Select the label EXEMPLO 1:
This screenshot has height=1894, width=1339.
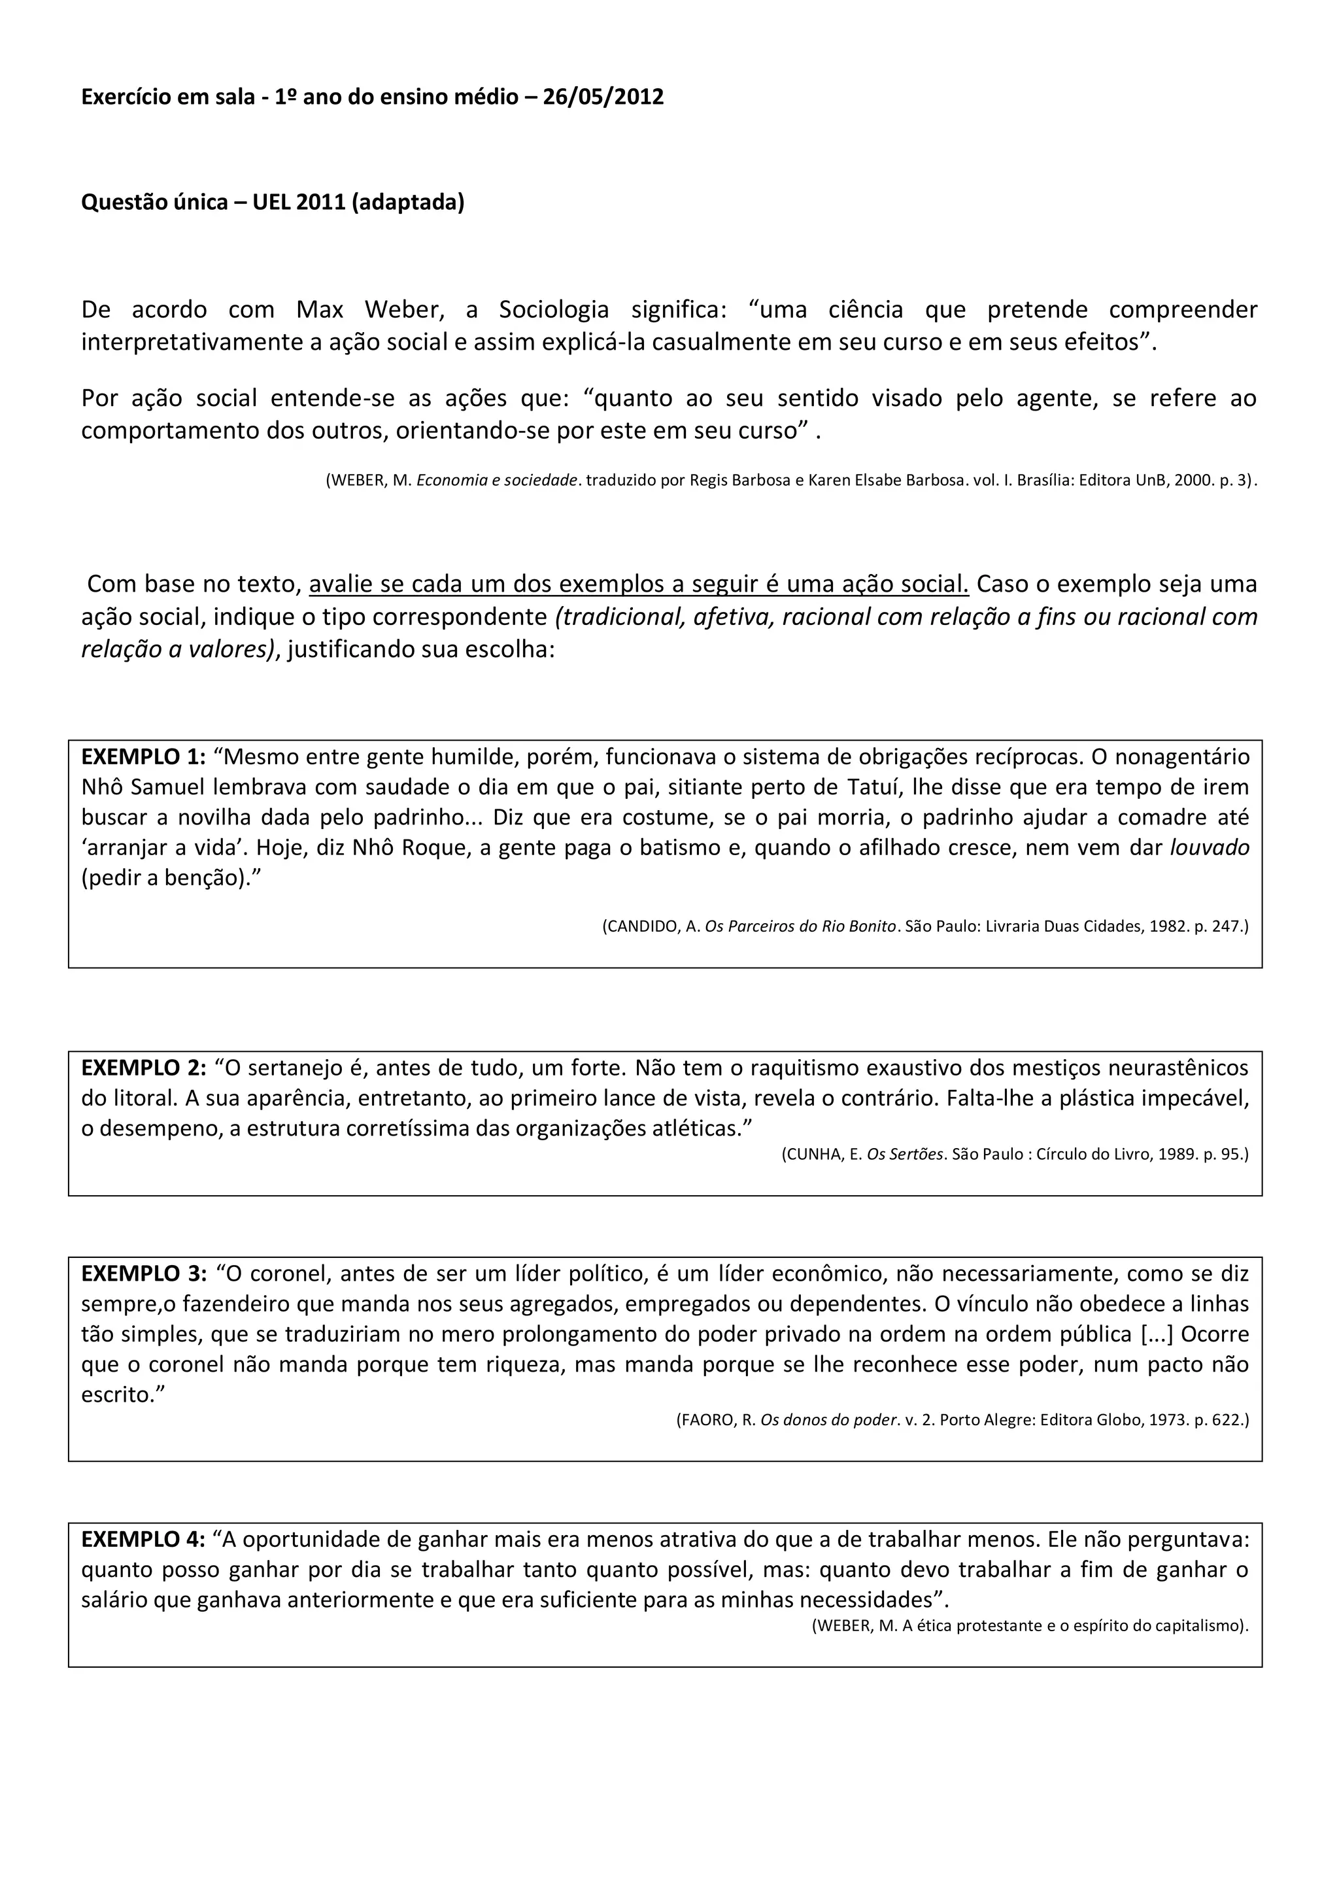pos(143,756)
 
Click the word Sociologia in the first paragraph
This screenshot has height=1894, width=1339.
pos(554,309)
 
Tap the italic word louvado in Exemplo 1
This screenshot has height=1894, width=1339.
pos(1210,847)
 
